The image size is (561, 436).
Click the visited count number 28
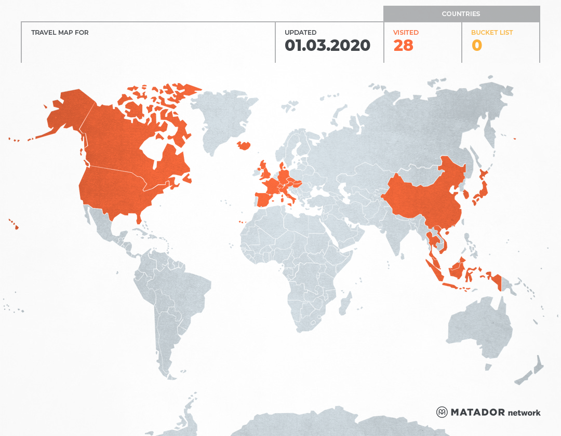[x=403, y=46]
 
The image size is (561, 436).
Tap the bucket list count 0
[x=476, y=46]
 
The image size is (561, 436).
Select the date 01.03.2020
[x=327, y=46]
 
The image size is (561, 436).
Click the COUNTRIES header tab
[x=461, y=14]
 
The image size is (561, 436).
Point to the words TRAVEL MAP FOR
[x=60, y=33]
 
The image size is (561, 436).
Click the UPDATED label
[x=300, y=33]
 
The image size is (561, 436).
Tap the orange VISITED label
[x=406, y=33]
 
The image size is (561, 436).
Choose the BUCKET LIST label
[x=491, y=33]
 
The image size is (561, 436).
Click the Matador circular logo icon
[x=442, y=412]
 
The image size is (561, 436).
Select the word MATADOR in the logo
[x=477, y=412]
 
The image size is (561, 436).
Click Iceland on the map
[x=244, y=146]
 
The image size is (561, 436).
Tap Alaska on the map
[x=68, y=112]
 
